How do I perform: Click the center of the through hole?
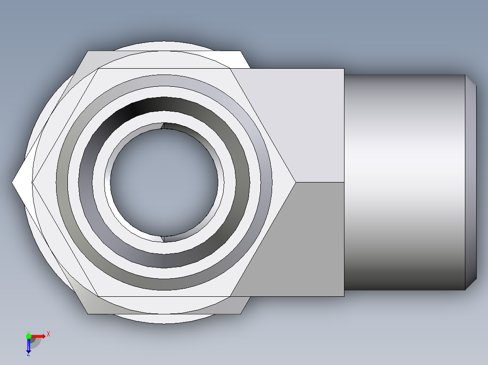point(164,182)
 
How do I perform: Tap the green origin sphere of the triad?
point(29,336)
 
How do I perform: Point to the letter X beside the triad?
point(48,334)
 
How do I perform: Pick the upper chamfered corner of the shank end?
point(471,81)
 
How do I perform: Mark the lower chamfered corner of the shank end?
point(471,284)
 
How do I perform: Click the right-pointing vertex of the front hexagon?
point(296,182)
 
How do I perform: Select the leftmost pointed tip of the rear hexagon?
point(13,182)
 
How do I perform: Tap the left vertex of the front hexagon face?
point(33,182)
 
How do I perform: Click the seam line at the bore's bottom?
point(163,238)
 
